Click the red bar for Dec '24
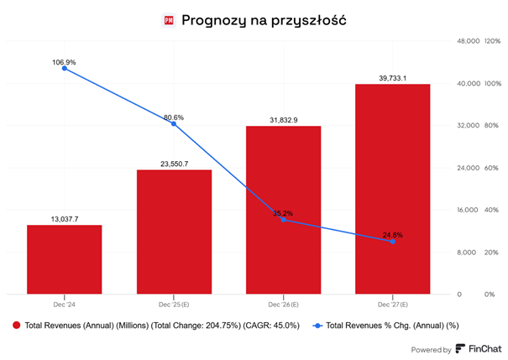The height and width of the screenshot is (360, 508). click(65, 259)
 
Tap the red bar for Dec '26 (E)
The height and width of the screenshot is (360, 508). click(283, 210)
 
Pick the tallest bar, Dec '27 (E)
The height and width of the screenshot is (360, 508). click(392, 189)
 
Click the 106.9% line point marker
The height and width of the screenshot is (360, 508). click(65, 68)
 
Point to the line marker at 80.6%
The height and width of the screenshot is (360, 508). click(174, 123)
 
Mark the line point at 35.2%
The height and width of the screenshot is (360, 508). click(283, 220)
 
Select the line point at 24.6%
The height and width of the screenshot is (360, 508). click(392, 242)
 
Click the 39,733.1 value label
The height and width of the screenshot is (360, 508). click(392, 77)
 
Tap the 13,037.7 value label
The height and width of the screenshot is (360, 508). click(65, 218)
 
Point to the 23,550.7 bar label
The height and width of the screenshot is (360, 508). click(174, 164)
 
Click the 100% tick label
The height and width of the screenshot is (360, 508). click(492, 83)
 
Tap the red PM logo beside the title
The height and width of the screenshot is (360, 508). click(169, 19)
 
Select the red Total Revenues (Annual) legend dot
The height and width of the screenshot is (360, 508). click(15, 325)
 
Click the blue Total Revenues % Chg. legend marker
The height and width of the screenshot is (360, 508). click(317, 325)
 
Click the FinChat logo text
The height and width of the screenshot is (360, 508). click(485, 349)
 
